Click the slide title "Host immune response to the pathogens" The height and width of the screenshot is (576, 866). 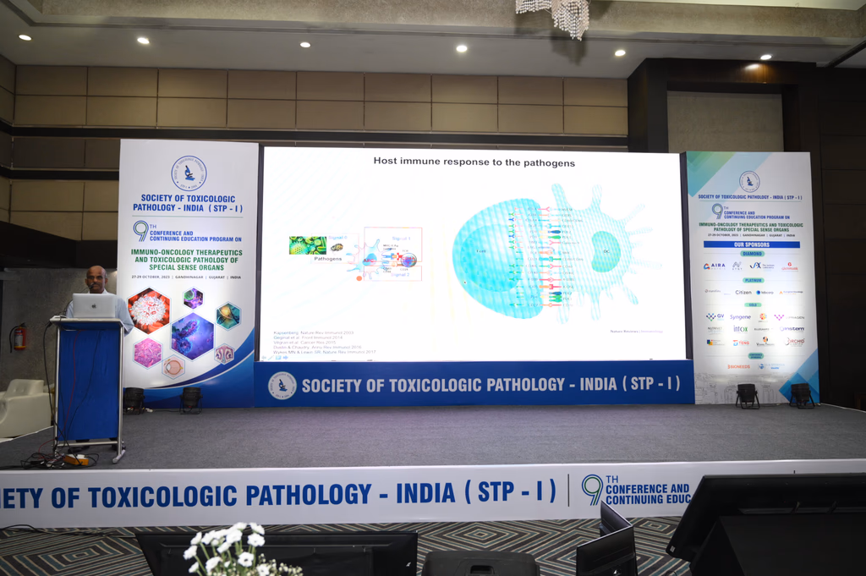pos(474,162)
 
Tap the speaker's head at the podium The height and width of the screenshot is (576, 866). pos(96,278)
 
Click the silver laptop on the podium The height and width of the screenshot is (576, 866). pos(94,305)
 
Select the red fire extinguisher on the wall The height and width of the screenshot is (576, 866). pos(19,337)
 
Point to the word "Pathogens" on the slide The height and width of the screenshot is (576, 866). pos(304,258)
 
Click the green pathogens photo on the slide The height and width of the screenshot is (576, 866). pos(307,244)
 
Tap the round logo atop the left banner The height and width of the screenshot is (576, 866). pos(189,173)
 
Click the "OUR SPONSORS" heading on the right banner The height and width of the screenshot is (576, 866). pos(751,244)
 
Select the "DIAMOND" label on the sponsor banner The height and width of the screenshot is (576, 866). pos(752,253)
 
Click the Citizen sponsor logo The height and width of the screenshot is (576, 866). pos(743,292)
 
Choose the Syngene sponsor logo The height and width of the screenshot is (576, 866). pos(740,317)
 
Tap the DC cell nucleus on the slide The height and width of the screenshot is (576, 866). pos(606,252)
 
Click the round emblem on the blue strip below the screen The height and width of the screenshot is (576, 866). pos(282,385)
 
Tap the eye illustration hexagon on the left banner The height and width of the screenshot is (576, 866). pos(173,366)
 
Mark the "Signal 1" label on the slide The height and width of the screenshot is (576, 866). pos(401,239)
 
